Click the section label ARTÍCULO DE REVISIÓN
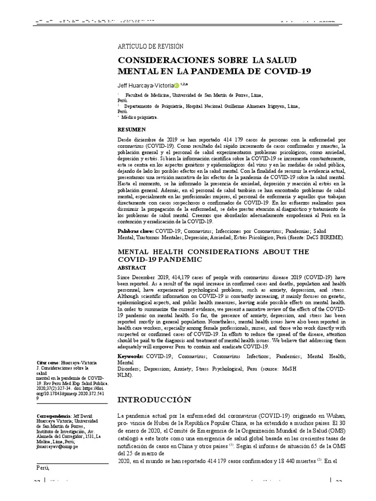click(x=150, y=46)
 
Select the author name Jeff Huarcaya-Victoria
click(x=145, y=85)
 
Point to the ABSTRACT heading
click(x=132, y=268)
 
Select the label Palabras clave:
click(x=136, y=230)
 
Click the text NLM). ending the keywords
click(x=126, y=375)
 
